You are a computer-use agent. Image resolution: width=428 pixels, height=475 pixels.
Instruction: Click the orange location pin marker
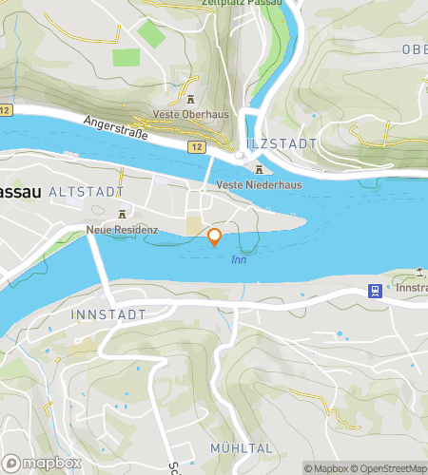pyautogui.click(x=215, y=237)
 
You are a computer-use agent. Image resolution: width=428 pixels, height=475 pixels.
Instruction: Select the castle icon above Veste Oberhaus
pyautogui.click(x=190, y=100)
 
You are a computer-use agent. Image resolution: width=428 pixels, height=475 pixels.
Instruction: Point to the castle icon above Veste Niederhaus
pyautogui.click(x=259, y=168)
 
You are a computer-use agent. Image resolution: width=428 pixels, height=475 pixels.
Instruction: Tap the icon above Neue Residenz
pyautogui.click(x=120, y=215)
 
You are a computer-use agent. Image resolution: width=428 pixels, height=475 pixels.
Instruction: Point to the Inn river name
pyautogui.click(x=239, y=259)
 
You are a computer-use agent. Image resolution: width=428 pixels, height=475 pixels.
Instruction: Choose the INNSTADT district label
pyautogui.click(x=108, y=313)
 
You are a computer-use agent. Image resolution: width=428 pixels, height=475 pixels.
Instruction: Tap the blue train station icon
pyautogui.click(x=377, y=292)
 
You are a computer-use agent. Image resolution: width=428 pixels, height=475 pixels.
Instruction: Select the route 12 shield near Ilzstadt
pyautogui.click(x=196, y=147)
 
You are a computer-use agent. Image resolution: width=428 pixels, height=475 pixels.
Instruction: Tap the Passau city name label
pyautogui.click(x=18, y=190)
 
